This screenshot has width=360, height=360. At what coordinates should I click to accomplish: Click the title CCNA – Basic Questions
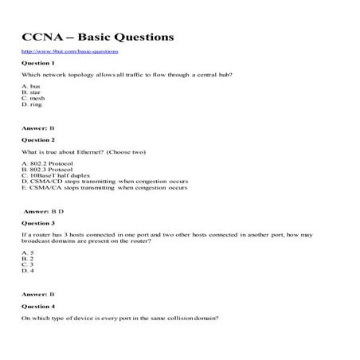98,37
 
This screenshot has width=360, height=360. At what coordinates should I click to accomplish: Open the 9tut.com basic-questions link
71,51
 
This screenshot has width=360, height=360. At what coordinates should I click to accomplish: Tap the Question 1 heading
38,62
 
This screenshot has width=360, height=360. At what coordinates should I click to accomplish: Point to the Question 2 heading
38,139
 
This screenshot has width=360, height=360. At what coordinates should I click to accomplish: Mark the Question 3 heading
38,224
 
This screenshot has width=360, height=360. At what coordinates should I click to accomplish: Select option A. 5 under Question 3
28,252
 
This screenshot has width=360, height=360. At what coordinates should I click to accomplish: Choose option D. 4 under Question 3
28,271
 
